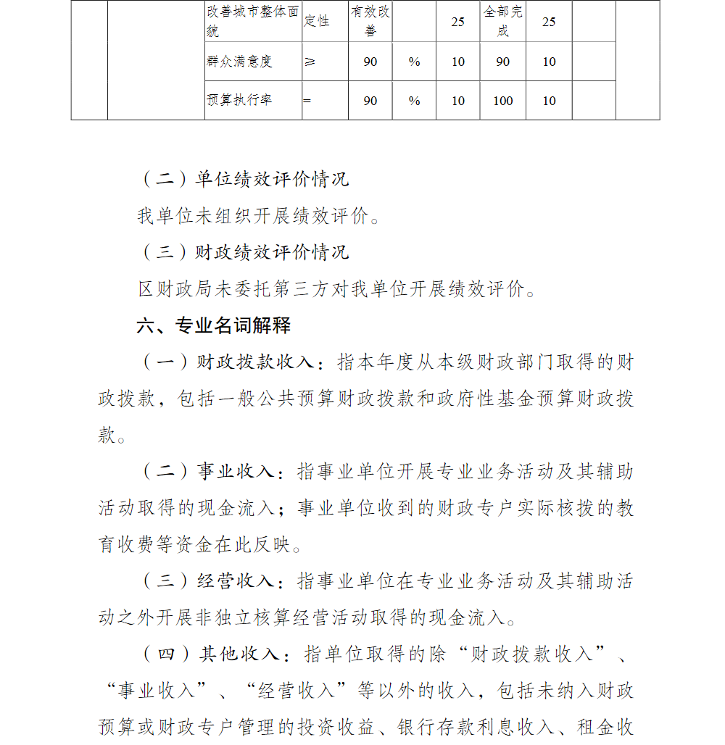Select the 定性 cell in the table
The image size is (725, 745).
click(x=316, y=21)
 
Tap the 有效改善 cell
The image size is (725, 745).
click(x=370, y=22)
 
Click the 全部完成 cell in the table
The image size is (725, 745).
click(x=503, y=22)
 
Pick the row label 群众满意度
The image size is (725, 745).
click(x=239, y=62)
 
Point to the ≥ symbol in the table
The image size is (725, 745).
click(x=310, y=62)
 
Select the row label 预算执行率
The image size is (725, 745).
click(x=239, y=101)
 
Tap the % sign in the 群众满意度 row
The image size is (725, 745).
click(x=414, y=62)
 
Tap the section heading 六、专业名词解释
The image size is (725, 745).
click(x=214, y=325)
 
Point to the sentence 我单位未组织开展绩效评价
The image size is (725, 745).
click(x=257, y=216)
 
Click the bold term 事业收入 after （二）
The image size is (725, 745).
click(x=236, y=472)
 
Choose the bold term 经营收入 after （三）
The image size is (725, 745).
click(x=236, y=581)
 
